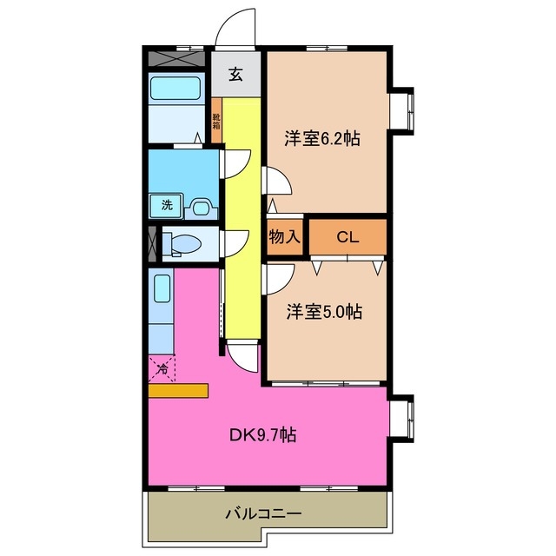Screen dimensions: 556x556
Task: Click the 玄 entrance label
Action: coord(235,74)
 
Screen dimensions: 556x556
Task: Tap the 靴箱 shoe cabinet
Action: coord(216,121)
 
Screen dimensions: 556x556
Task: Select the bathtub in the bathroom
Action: coord(175,89)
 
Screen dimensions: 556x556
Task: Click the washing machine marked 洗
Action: coord(166,205)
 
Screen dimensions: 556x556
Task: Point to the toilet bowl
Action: coord(185,243)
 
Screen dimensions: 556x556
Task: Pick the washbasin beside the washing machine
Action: coord(201,208)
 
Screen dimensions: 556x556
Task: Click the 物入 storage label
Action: coord(285,236)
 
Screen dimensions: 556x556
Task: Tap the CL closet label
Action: coord(347,237)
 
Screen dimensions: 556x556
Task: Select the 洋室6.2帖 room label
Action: coord(322,138)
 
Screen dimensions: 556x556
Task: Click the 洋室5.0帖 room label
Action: coord(324,312)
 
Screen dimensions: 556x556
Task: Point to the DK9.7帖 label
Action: coord(263,434)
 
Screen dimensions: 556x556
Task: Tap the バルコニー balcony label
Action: coord(264,513)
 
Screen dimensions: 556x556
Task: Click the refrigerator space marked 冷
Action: coord(162,369)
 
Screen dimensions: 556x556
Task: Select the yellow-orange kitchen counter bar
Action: coord(178,390)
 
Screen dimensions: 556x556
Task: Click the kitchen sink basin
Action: coord(162,288)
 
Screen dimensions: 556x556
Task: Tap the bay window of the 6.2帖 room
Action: coord(402,111)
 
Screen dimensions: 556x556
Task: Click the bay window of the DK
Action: coord(402,418)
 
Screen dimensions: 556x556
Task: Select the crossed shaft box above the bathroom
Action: coord(176,58)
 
